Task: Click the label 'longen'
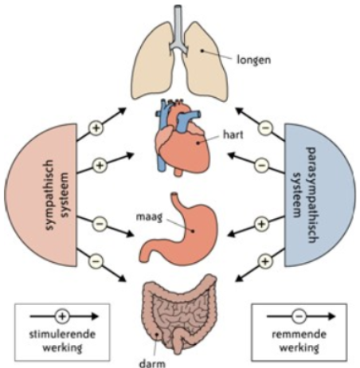click(254, 60)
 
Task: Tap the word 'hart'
click(233, 135)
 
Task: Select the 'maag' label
click(149, 217)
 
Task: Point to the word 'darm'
click(152, 363)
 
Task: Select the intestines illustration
click(179, 313)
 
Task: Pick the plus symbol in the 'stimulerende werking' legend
click(62, 316)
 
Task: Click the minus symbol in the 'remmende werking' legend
click(299, 316)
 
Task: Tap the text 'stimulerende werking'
click(62, 340)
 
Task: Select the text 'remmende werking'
click(299, 340)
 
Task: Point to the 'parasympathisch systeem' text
click(303, 194)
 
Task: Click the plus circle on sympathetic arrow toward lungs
click(96, 128)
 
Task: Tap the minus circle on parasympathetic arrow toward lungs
click(264, 128)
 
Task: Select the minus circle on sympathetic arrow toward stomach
click(100, 224)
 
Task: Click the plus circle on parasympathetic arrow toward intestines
click(264, 261)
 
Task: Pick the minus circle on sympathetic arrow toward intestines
click(96, 261)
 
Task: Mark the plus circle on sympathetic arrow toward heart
click(100, 165)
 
